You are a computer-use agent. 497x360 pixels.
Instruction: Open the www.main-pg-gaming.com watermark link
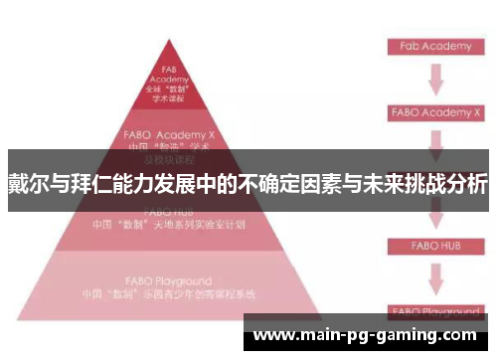point(366,335)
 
